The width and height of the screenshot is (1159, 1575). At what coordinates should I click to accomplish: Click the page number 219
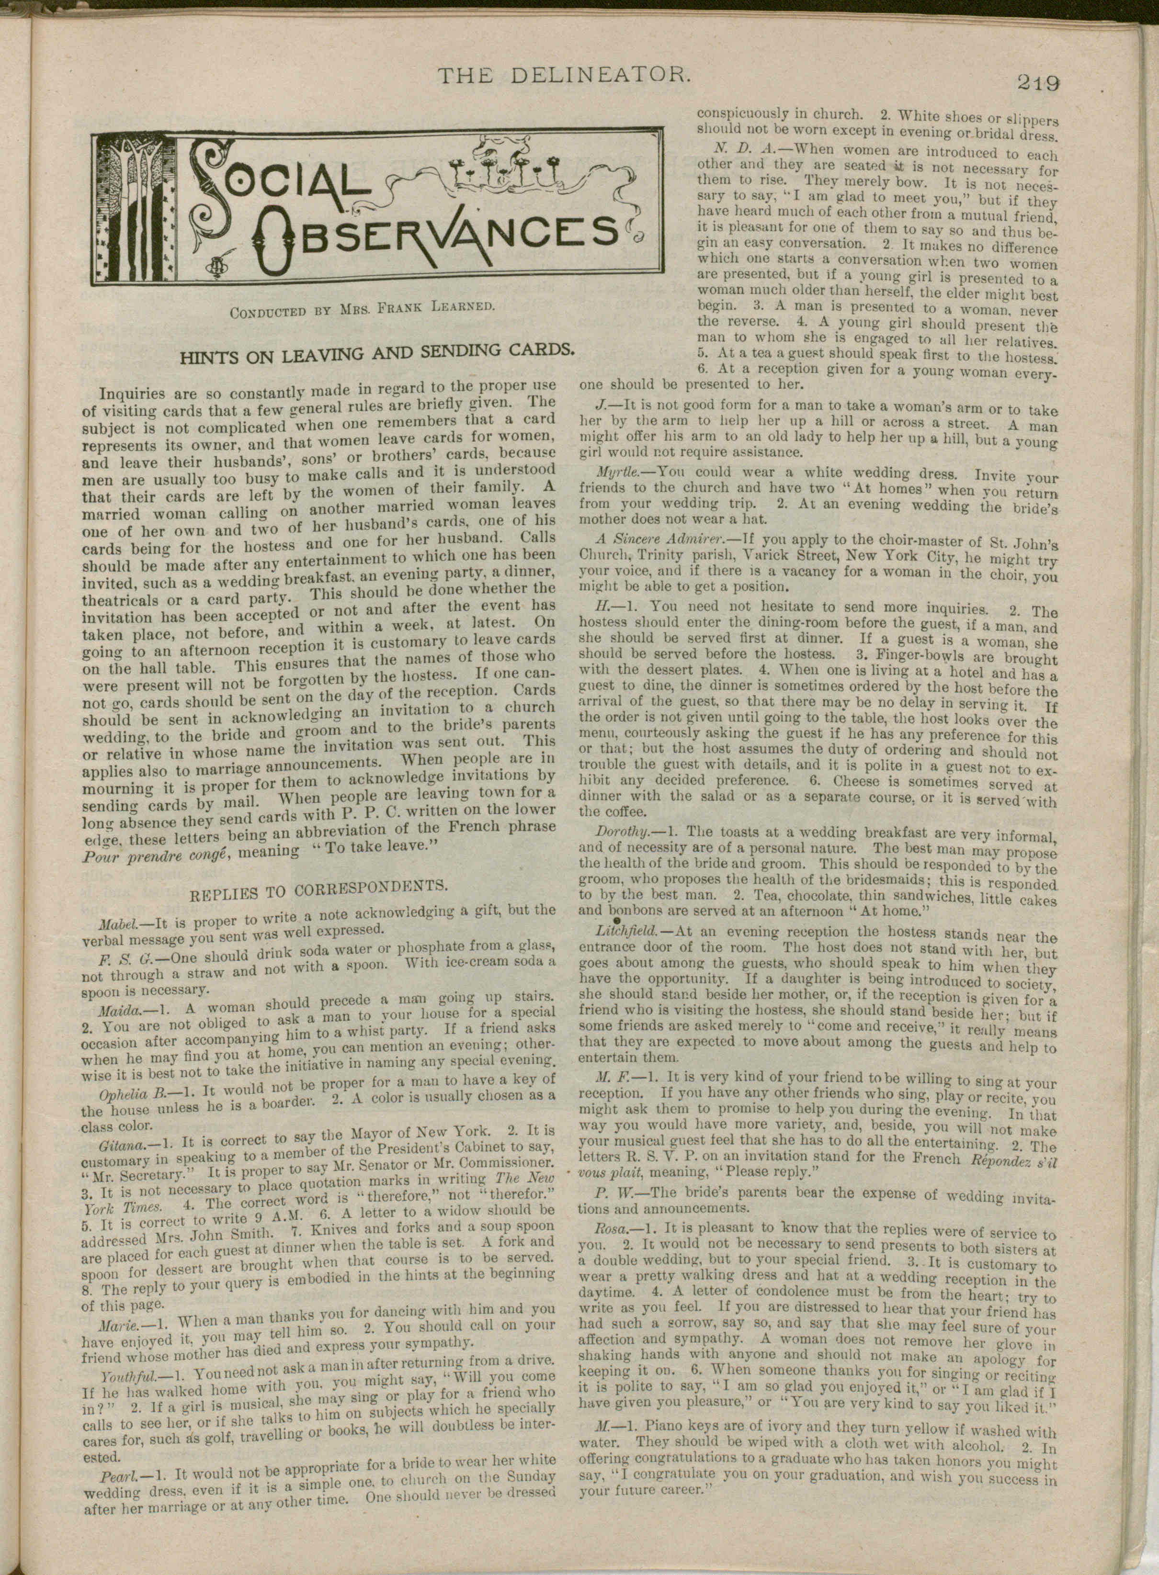click(1038, 83)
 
